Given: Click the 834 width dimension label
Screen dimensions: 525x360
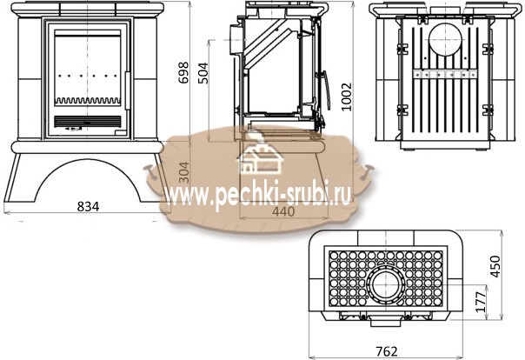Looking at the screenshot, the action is coord(88,206).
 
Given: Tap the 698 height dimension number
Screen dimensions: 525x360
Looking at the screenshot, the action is coord(183,73).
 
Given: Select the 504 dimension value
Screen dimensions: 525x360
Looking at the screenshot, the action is coord(203,73).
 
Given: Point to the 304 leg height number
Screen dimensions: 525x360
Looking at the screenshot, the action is coord(183,172).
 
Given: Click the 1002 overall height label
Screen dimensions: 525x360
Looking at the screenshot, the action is coord(347,97).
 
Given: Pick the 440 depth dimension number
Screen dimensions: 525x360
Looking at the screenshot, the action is coord(283,211).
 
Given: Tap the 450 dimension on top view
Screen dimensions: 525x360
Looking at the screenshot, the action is coord(495,266).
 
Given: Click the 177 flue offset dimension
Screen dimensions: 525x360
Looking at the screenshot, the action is coord(481,302).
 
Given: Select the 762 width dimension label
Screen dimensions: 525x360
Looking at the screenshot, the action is coord(387,351).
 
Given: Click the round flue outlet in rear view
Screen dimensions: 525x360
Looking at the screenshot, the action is coord(445,39).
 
